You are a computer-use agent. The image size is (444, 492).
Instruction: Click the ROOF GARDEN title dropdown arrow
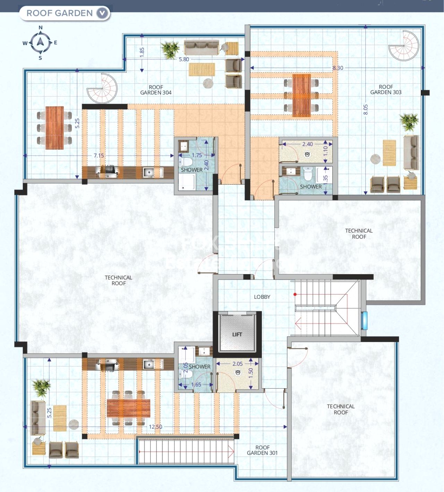tap(102, 13)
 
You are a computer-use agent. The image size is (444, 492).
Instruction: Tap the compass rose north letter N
tap(41, 28)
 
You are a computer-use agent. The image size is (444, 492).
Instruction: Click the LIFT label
tap(237, 334)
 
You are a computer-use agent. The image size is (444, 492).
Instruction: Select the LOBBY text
tap(262, 297)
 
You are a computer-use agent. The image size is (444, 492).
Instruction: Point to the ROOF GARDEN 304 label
tap(156, 90)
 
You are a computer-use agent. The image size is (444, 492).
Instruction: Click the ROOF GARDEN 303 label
tap(386, 90)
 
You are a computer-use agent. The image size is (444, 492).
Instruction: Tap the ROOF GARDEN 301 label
tap(262, 450)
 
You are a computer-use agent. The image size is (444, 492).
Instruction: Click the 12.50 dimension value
tap(155, 427)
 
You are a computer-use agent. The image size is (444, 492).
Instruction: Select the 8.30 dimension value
tap(338, 68)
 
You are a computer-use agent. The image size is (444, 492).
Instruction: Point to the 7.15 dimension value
tap(99, 155)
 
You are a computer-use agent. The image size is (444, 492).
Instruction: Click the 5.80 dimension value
tap(184, 59)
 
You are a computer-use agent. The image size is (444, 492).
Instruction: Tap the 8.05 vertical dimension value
tap(365, 110)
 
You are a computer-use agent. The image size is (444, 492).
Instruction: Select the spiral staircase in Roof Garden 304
tap(102, 88)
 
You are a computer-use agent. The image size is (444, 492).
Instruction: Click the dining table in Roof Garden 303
tap(301, 94)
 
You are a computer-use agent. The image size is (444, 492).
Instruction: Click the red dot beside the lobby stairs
tap(295, 295)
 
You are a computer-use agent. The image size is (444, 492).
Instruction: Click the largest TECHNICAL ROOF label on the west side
tap(118, 280)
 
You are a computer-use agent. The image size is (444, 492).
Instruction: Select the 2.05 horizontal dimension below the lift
tap(238, 364)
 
